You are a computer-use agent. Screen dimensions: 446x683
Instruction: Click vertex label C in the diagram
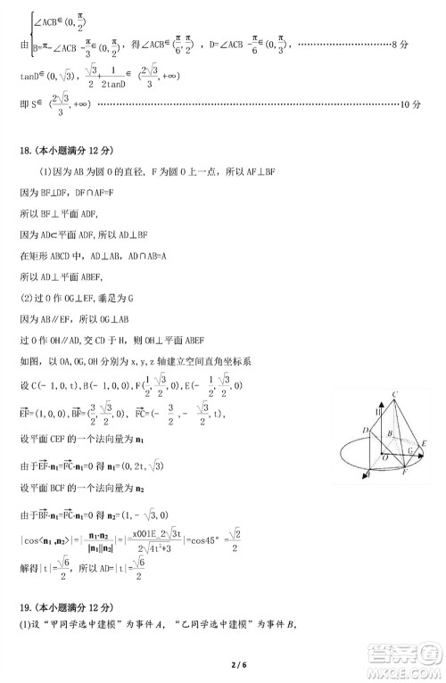(392, 395)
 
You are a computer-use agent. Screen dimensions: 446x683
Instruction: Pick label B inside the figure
(388, 434)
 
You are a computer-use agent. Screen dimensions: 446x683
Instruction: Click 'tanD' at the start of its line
(29, 77)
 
